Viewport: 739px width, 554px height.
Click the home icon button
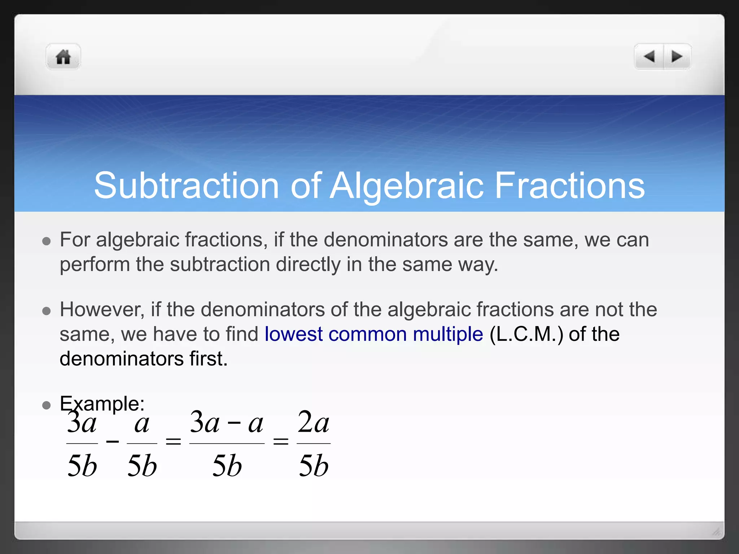pos(63,57)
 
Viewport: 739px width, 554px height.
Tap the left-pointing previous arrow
pos(649,57)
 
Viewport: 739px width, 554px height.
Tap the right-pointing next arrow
pos(677,57)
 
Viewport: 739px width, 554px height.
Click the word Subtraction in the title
pos(186,186)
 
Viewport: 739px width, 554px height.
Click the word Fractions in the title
pos(570,186)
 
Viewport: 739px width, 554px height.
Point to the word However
pos(102,309)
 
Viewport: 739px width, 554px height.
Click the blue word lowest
pos(293,334)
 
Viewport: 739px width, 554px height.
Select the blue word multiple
pos(448,334)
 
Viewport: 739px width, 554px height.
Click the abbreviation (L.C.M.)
pos(526,334)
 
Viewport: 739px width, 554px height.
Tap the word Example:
pos(102,403)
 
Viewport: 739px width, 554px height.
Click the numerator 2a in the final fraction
pos(313,423)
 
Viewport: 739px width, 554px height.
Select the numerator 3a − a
pos(227,423)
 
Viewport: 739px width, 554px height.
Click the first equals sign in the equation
pos(173,441)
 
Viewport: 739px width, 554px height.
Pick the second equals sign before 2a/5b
pos(281,441)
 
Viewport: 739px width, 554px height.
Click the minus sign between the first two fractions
pos(113,441)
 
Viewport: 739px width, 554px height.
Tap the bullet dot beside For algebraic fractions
pos(46,241)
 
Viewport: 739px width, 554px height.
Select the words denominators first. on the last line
pos(144,359)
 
